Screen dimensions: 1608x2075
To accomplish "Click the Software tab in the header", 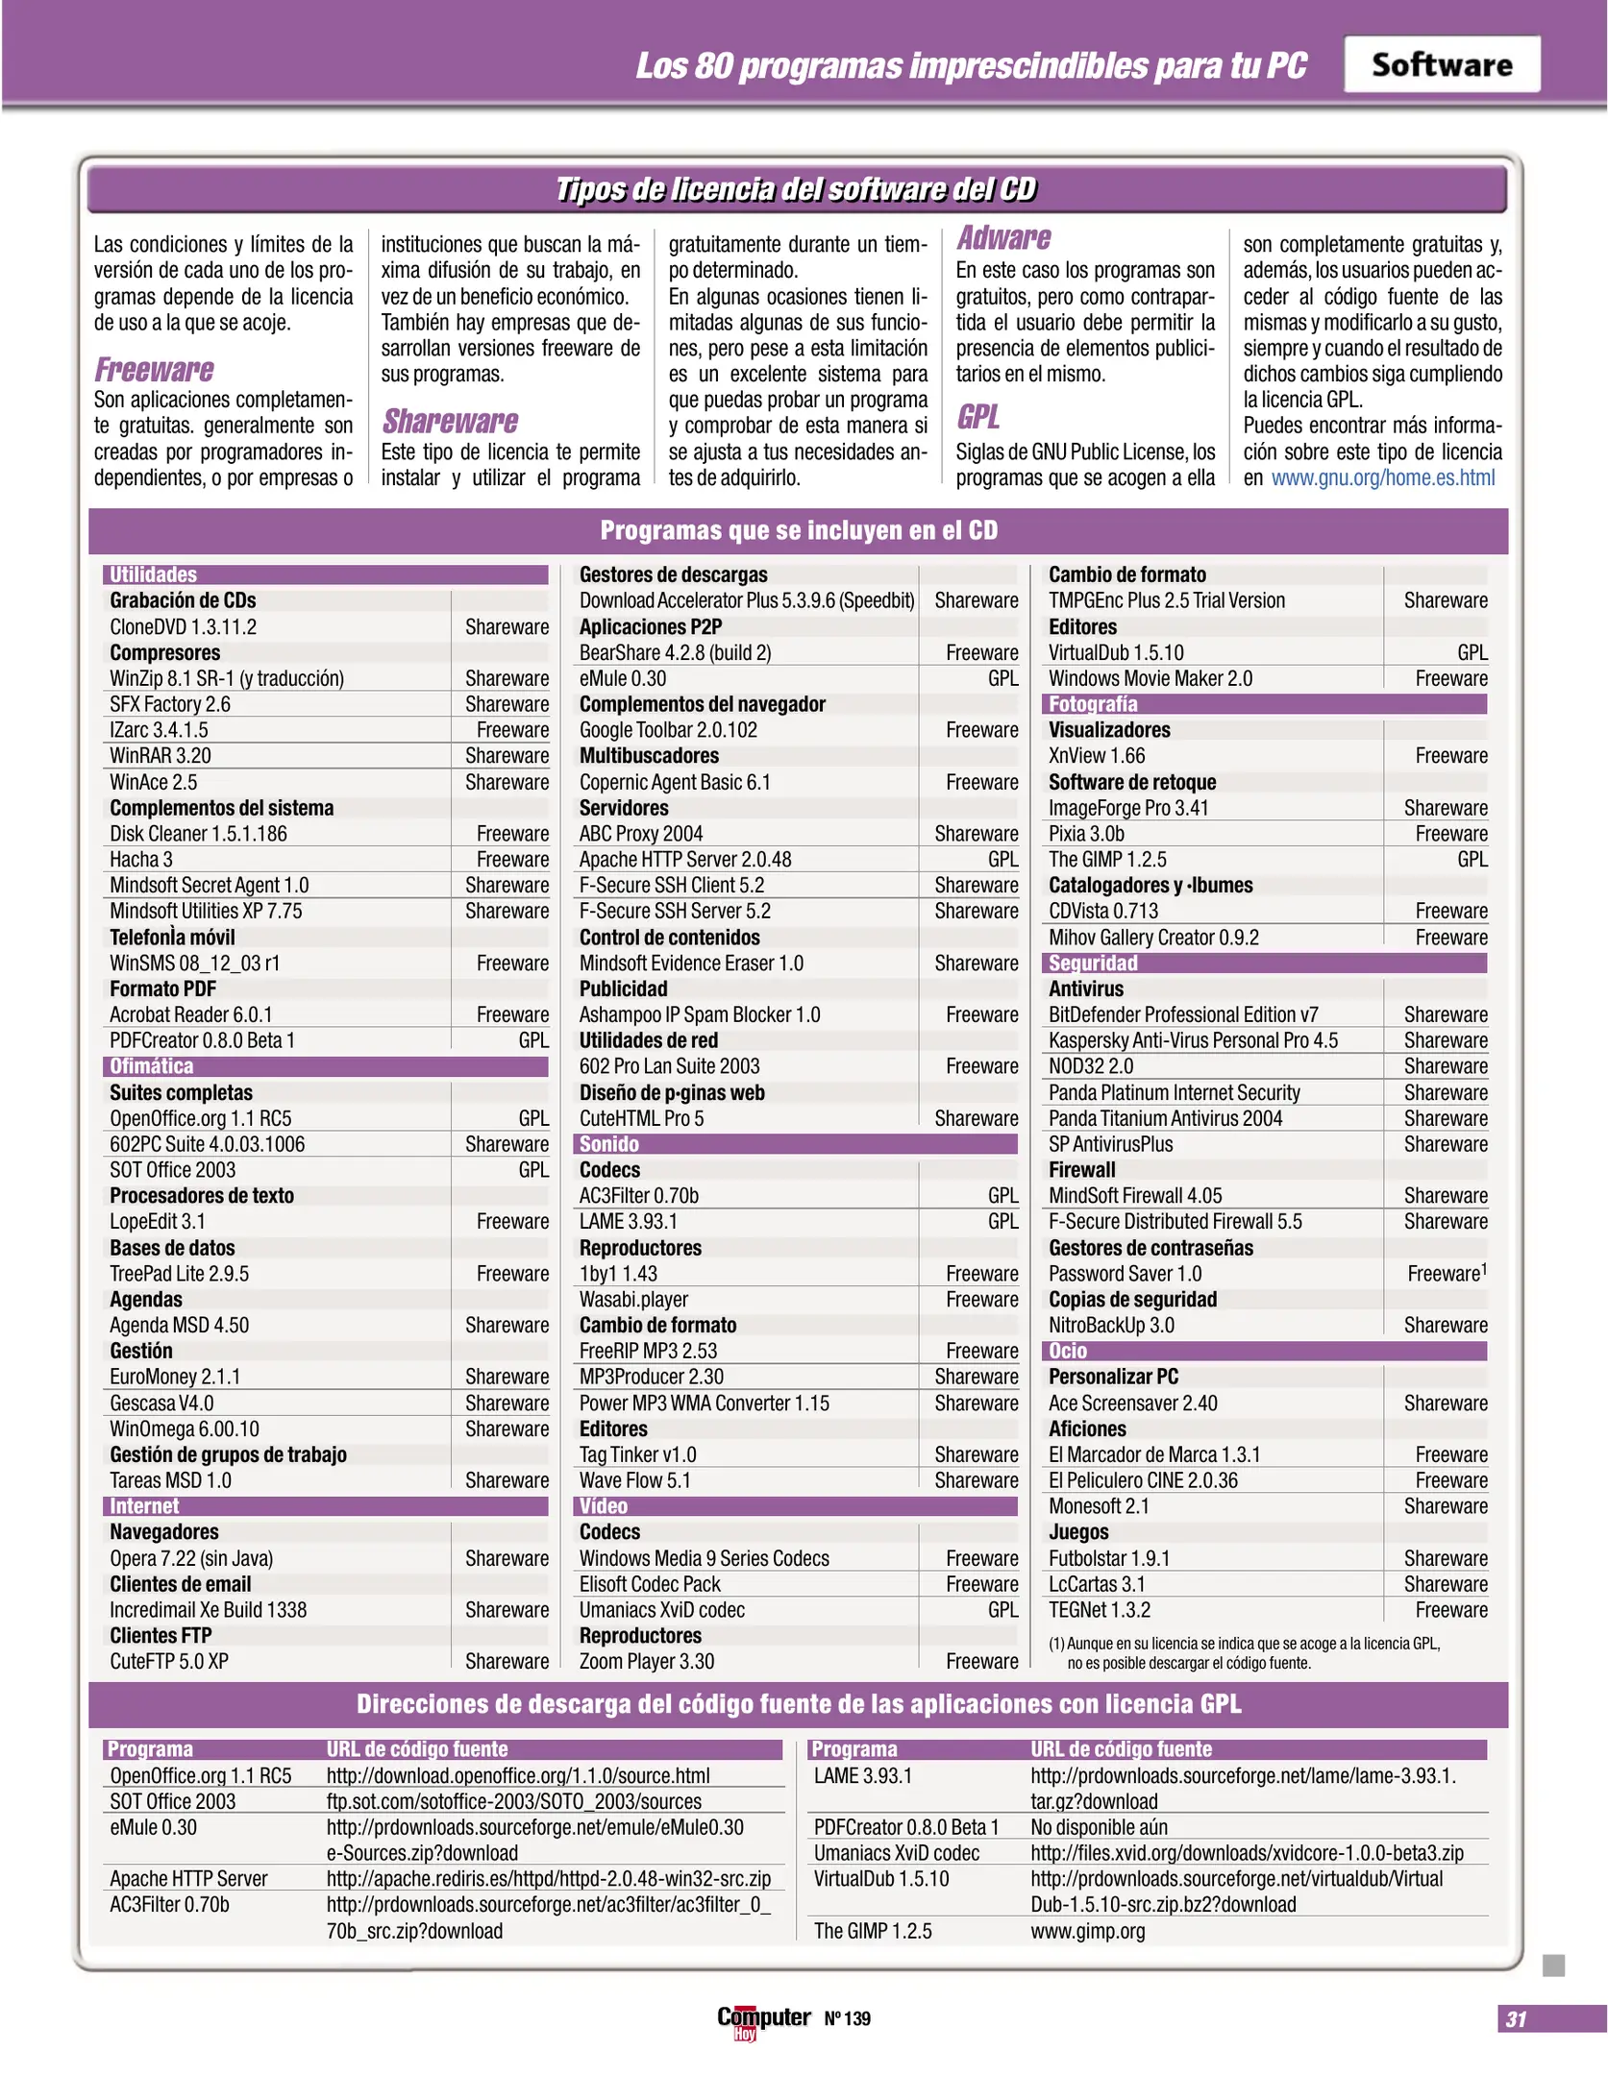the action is pyautogui.click(x=1441, y=64).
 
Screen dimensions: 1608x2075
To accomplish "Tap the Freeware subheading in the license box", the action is pyautogui.click(x=154, y=369).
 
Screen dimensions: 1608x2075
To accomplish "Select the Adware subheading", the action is pyautogui.click(x=1003, y=237).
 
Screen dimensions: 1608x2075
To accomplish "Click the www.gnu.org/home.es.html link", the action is pyautogui.click(x=1382, y=477).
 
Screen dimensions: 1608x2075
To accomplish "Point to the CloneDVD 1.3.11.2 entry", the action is pyautogui.click(x=183, y=626).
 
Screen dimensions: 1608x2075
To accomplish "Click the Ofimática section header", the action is pyautogui.click(x=152, y=1065).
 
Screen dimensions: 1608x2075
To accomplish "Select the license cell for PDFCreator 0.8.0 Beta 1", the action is pyautogui.click(x=533, y=1040).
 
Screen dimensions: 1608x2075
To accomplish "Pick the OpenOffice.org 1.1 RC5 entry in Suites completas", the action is pyautogui.click(x=200, y=1118).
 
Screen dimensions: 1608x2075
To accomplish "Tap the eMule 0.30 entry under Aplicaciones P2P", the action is pyautogui.click(x=622, y=678).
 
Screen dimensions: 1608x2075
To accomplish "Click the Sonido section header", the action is pyautogui.click(x=608, y=1143).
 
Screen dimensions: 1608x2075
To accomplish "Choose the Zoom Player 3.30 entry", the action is pyautogui.click(x=646, y=1661).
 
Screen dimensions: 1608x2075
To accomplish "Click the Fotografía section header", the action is pyautogui.click(x=1093, y=703).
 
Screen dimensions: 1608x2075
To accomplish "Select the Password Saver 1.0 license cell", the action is pyautogui.click(x=1447, y=1273).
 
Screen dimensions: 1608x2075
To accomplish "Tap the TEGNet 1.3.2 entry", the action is pyautogui.click(x=1099, y=1609).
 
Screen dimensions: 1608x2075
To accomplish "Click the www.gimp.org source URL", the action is pyautogui.click(x=1087, y=1930).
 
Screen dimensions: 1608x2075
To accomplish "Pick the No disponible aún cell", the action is pyautogui.click(x=1099, y=1826).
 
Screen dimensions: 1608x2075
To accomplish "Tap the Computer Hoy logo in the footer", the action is pyautogui.click(x=763, y=2019).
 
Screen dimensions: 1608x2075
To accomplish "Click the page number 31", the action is pyautogui.click(x=1516, y=2018).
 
